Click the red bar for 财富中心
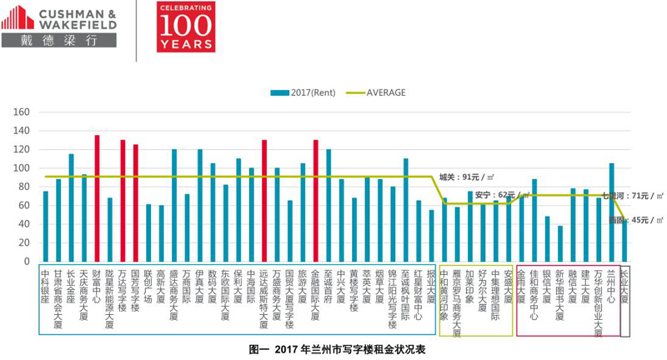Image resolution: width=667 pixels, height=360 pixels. pos(97,198)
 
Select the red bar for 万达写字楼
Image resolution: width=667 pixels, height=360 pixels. pos(123,201)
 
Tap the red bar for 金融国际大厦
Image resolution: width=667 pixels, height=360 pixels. pos(315,201)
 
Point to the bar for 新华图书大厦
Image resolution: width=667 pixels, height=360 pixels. pos(559,243)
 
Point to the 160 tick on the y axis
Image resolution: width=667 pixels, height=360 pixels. pos(23,112)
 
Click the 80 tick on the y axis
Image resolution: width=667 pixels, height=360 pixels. pos(25,187)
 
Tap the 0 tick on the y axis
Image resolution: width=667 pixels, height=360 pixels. pos(28,262)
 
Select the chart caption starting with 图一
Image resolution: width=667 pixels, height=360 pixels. pos(337,350)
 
